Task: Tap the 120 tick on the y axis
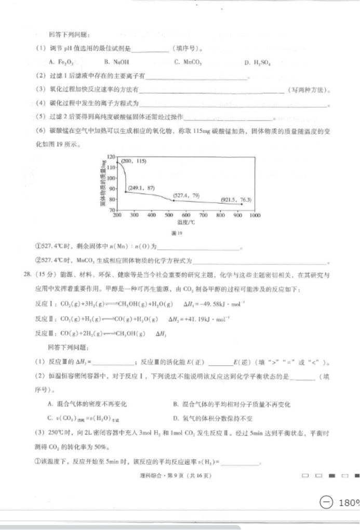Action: pyautogui.click(x=110, y=156)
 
